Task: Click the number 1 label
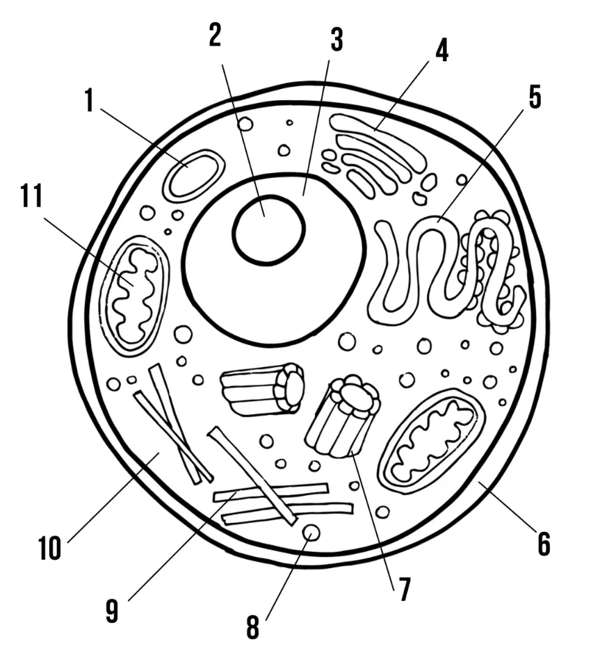[89, 100]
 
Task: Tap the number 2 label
[215, 35]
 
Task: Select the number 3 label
[337, 40]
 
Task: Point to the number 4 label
[442, 51]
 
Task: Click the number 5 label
[535, 97]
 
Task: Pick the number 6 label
[544, 544]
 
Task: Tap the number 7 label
[404, 589]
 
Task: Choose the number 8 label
[252, 627]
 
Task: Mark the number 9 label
[111, 610]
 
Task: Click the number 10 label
[50, 549]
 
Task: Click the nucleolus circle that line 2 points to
[269, 229]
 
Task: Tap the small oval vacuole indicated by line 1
[194, 176]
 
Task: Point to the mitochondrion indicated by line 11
[136, 296]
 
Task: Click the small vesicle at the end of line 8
[311, 533]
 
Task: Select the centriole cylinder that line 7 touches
[343, 416]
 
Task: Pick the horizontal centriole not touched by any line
[263, 389]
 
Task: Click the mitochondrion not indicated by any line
[432, 441]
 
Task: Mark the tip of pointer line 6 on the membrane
[480, 481]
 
